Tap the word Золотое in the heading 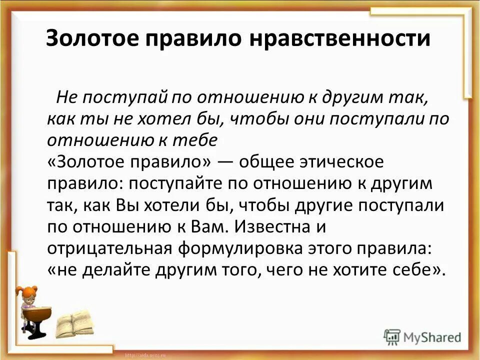click(x=91, y=39)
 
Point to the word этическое click(x=334, y=162)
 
